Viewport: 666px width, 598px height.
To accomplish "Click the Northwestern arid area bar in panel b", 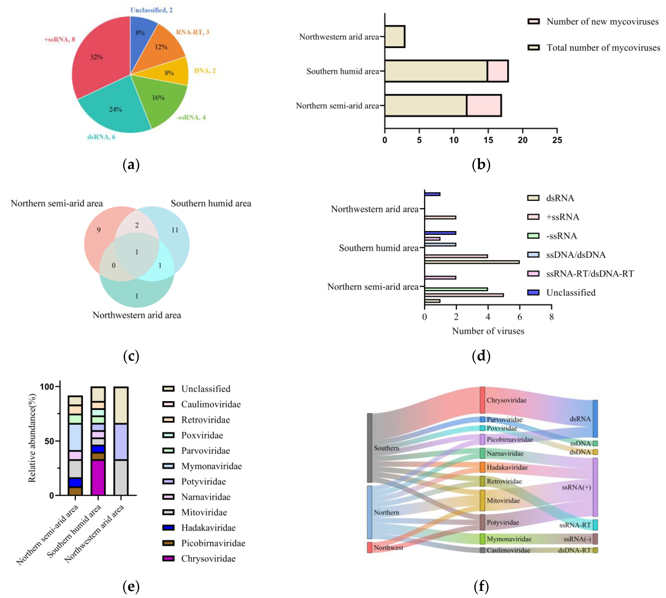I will tap(394, 36).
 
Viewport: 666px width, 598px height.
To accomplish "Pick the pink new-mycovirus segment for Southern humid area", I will tap(497, 71).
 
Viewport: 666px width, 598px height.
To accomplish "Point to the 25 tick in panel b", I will tap(557, 140).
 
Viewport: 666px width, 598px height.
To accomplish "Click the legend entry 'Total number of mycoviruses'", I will tap(603, 48).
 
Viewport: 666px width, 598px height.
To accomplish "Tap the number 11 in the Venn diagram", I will tap(175, 230).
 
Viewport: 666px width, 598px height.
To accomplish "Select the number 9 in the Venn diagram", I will tap(99, 230).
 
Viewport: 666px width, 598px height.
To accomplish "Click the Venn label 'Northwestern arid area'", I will tap(137, 315).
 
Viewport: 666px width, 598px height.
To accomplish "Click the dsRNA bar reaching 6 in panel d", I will tap(472, 262).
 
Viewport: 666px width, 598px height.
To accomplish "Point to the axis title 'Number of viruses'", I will tap(488, 331).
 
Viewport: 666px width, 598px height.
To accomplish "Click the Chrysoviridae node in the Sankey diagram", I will tap(482, 400).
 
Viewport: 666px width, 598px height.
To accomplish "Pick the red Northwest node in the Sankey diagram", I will tap(370, 547).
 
